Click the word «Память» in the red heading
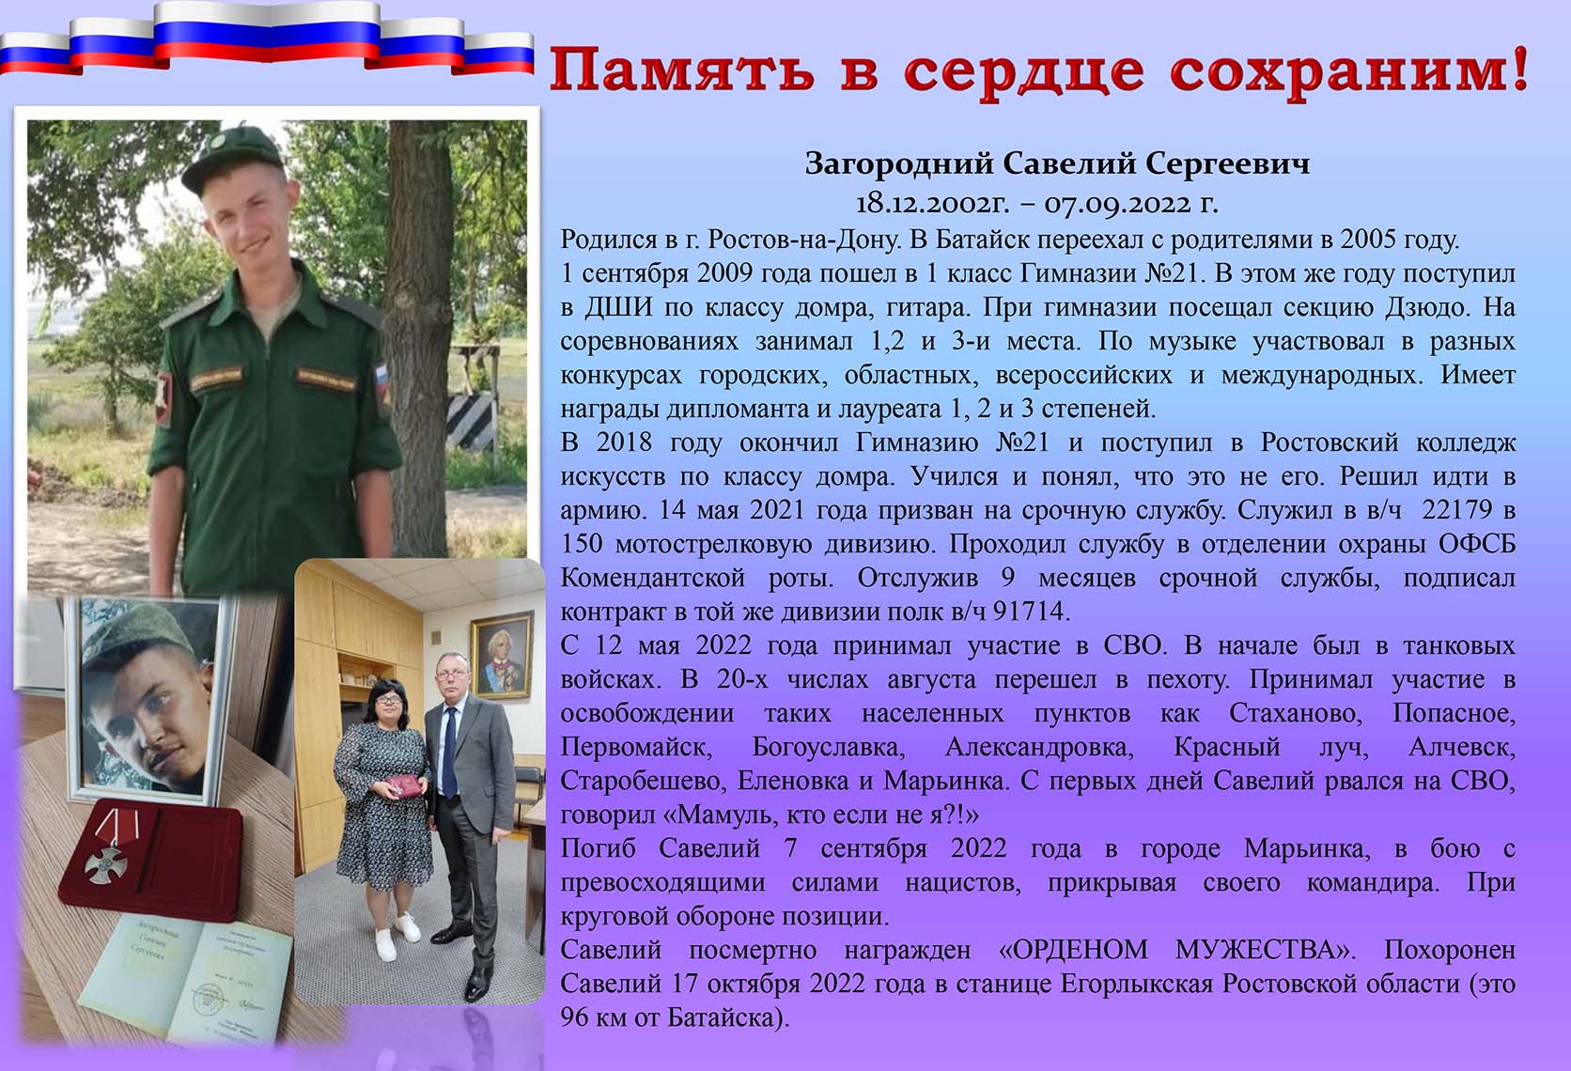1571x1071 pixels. tap(682, 70)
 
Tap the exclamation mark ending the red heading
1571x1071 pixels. tap(1520, 68)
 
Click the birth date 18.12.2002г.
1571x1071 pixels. tap(932, 204)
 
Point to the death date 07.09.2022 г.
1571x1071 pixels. tap(1131, 204)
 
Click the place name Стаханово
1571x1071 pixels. tap(1296, 713)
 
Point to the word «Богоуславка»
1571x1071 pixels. tap(829, 748)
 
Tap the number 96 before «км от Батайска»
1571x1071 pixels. tap(574, 1017)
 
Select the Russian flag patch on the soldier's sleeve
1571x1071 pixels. tap(381, 383)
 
